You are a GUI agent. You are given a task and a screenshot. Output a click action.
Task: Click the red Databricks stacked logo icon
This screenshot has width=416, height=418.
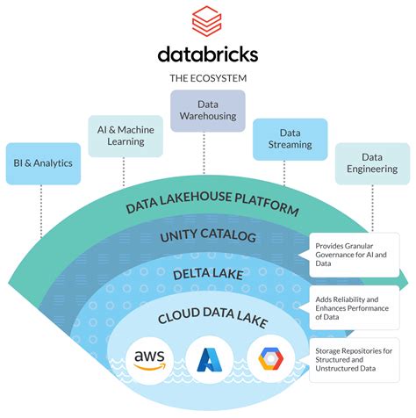point(207,19)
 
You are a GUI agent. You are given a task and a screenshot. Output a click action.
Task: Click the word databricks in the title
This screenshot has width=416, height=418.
point(208,54)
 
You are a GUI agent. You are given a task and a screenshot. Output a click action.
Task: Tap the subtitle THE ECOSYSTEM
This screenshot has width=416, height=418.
point(208,78)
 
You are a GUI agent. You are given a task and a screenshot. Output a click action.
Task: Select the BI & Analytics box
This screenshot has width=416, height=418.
point(42,162)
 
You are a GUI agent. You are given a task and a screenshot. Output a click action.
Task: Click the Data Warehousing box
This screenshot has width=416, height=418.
point(207,111)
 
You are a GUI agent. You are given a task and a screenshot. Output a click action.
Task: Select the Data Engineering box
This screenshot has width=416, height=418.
point(372,163)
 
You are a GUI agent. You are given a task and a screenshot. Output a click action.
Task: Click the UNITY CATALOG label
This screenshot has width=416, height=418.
point(208,237)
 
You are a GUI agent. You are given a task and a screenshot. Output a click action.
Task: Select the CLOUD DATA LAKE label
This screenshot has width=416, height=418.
point(208,316)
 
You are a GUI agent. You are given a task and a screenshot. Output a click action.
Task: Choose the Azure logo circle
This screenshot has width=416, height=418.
point(211,360)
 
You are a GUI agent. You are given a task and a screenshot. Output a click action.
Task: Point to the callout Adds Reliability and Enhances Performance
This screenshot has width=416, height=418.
point(357,306)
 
